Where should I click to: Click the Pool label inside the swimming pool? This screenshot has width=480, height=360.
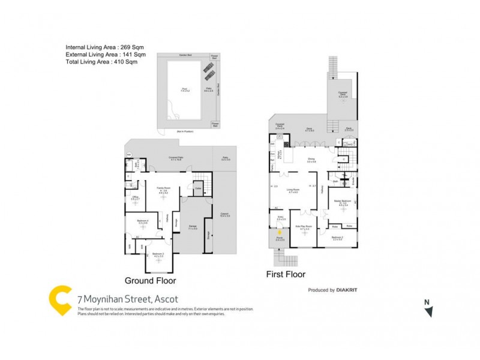pyautogui.click(x=184, y=89)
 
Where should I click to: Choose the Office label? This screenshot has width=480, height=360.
pyautogui.click(x=136, y=197)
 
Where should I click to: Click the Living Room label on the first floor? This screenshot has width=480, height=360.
pyautogui.click(x=293, y=191)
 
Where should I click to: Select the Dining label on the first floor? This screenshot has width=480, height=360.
pyautogui.click(x=311, y=160)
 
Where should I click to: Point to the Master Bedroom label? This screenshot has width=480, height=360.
pyautogui.click(x=343, y=202)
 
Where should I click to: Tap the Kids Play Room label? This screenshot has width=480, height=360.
pyautogui.click(x=302, y=227)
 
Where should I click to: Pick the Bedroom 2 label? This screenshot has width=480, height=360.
pyautogui.click(x=337, y=238)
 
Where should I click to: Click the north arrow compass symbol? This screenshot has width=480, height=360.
pyautogui.click(x=428, y=311)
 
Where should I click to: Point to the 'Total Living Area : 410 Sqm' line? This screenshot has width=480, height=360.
pyautogui.click(x=97, y=61)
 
